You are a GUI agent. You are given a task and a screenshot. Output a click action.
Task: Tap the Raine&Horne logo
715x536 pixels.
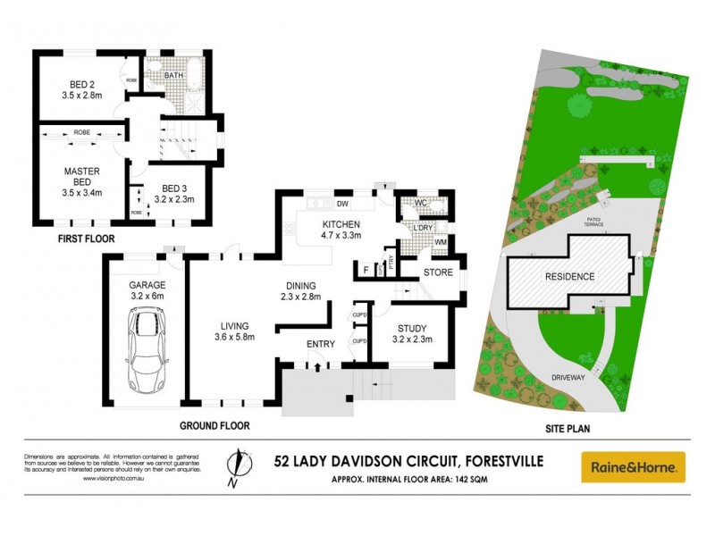633,466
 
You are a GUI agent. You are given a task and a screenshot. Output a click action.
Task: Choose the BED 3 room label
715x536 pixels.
176,188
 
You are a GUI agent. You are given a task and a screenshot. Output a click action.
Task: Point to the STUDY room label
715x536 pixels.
412,328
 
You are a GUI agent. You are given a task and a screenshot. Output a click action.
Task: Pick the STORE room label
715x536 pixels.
438,272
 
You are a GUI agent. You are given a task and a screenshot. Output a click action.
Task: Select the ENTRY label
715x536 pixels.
320,344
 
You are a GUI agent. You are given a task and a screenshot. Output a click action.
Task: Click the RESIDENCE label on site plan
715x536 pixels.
569,277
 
